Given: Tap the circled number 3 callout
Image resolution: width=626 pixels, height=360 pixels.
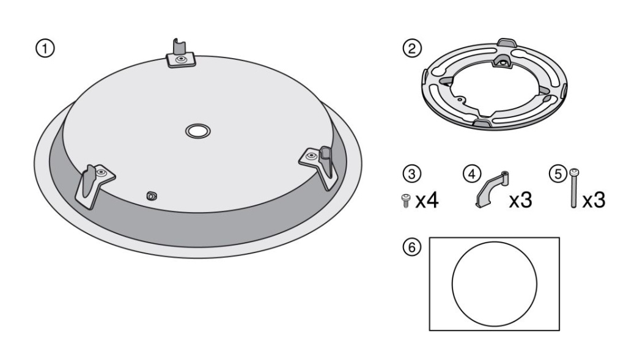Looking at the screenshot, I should (414, 174).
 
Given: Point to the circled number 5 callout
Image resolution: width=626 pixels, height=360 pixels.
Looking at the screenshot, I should (557, 174).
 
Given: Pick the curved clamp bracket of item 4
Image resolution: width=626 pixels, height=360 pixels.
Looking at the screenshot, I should (492, 190).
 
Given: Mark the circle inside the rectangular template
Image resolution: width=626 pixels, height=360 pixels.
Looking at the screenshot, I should (494, 284).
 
